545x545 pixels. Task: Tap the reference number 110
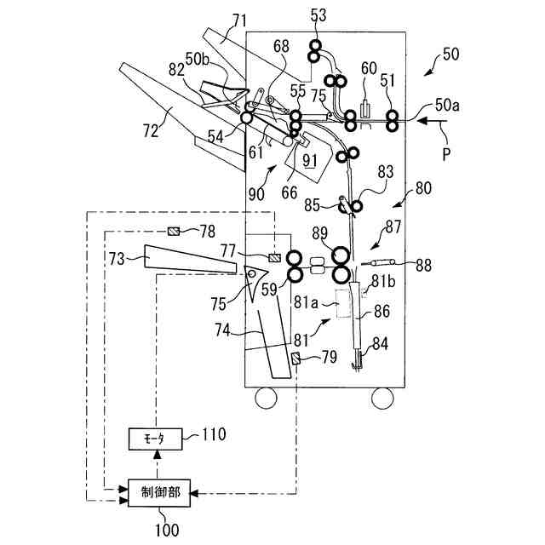click(x=214, y=434)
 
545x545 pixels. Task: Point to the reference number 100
click(x=168, y=531)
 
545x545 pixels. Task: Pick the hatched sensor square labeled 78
click(x=173, y=230)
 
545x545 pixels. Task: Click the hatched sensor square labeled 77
click(x=274, y=258)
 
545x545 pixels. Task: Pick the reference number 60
click(x=369, y=68)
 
